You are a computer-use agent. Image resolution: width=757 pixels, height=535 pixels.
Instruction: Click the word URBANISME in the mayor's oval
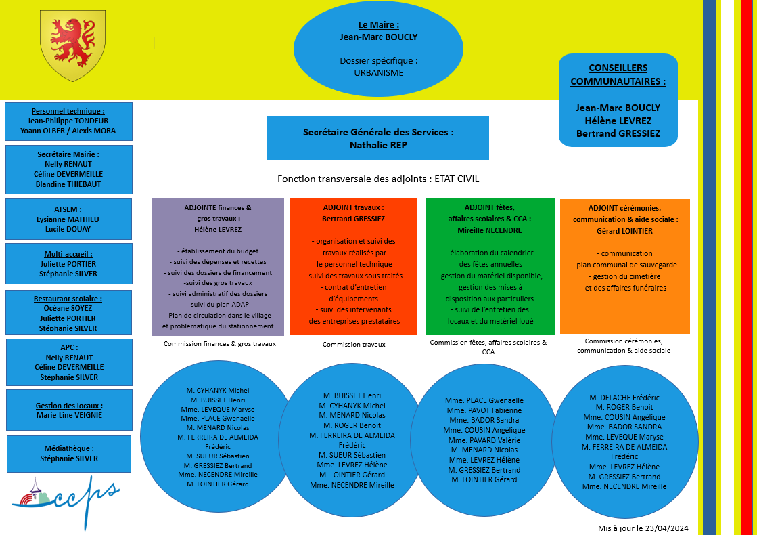coord(378,72)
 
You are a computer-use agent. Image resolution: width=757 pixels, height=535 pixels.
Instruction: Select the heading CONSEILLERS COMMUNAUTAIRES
coord(618,74)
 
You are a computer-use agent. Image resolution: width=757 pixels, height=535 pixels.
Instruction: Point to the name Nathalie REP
coord(378,145)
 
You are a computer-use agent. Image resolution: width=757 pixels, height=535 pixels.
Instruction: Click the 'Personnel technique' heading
coord(68,111)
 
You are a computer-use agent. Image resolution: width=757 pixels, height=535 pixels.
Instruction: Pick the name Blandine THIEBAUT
coord(68,184)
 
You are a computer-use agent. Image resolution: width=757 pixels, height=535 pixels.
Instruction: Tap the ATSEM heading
coord(68,209)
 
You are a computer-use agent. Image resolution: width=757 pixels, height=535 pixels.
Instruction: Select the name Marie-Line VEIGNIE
coord(69,415)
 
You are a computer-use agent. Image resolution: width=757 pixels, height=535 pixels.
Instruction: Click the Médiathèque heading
coord(68,448)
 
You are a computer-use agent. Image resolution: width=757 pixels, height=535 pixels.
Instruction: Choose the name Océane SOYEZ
coord(68,308)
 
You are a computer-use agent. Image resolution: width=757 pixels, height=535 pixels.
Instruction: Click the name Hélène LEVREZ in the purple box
coord(217,230)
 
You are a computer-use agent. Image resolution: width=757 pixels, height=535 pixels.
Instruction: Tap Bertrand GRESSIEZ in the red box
coord(353,219)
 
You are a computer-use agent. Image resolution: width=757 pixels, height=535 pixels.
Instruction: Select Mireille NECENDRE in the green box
coord(489,230)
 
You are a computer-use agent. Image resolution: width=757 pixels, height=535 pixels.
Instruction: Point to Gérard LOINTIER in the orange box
coord(625,231)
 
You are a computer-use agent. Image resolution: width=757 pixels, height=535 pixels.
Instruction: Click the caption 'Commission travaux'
coord(354,344)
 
